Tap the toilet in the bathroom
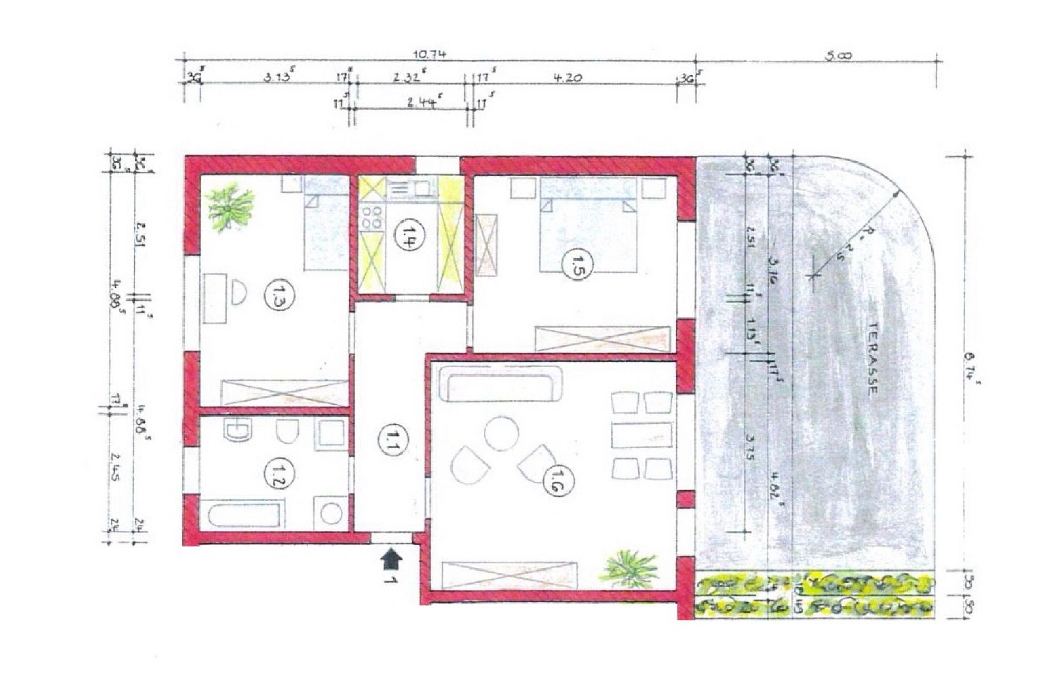pos(288,432)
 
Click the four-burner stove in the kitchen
pos(372,216)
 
